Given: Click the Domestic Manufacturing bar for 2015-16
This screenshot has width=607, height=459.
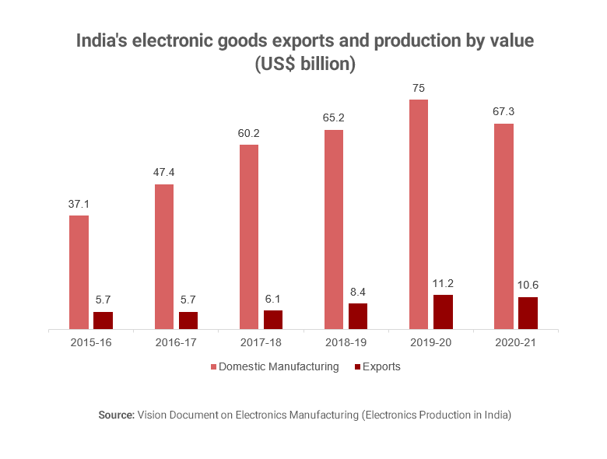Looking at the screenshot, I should [79, 272].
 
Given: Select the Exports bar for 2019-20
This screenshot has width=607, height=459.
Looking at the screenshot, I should [443, 312].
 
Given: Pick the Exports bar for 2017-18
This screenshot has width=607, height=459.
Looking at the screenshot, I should [273, 320].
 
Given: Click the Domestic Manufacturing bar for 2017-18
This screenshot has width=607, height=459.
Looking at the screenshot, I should [249, 237].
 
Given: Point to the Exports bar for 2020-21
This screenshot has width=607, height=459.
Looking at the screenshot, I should [528, 314].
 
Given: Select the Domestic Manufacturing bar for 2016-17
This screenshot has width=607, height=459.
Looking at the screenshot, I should [164, 257].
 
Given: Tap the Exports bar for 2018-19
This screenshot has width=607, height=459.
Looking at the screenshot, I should [358, 317].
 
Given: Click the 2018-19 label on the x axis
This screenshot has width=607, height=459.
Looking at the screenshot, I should [346, 343].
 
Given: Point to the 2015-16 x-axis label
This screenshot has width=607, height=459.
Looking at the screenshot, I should [90, 343].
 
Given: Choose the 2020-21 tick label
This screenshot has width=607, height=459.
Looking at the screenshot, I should [516, 343].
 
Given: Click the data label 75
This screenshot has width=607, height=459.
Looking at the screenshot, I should [419, 88].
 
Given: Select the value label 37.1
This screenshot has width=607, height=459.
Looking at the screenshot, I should [79, 204].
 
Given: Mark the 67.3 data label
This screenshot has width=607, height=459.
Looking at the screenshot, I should [503, 112].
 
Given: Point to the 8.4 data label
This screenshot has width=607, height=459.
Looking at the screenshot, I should [358, 292].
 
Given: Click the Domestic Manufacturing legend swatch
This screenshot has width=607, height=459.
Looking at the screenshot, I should [213, 367].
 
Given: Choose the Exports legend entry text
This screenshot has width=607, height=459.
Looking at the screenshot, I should [381, 367].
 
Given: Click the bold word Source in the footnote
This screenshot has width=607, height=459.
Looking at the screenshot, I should [116, 415].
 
